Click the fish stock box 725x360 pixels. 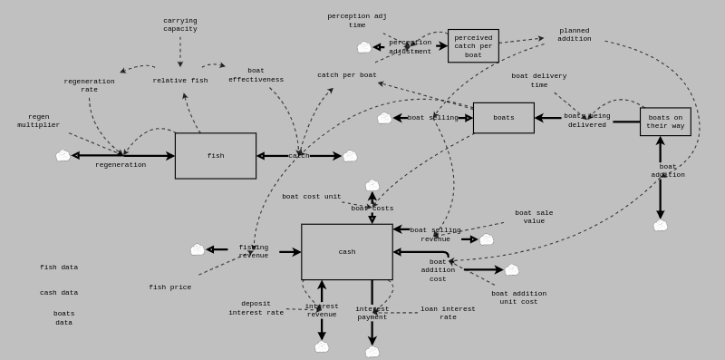(x=216, y=156)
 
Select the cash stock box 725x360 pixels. (x=347, y=252)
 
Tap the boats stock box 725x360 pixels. (x=503, y=118)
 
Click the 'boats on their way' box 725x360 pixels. (x=665, y=122)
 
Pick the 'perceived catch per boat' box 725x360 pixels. (x=473, y=46)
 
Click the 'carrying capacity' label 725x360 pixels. (x=180, y=24)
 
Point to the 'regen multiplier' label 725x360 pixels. (x=38, y=121)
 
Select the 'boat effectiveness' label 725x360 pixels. (x=256, y=75)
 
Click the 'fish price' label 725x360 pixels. (x=170, y=287)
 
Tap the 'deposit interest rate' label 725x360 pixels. (x=256, y=308)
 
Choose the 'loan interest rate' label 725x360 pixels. (x=448, y=313)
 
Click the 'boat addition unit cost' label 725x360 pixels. (x=518, y=297)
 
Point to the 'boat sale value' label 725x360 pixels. (x=534, y=217)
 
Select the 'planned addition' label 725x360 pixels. (x=575, y=34)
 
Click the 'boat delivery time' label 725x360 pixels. (x=538, y=81)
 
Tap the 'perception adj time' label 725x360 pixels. (x=357, y=20)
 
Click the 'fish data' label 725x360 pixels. (x=59, y=268)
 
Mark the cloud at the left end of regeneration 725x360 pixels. (x=63, y=156)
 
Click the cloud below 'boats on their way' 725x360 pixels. (x=660, y=225)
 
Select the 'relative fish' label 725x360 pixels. (x=180, y=81)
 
